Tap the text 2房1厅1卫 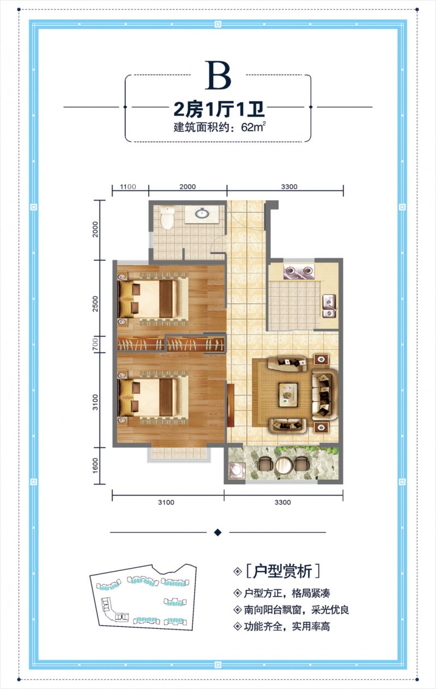219,109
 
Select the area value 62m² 253,127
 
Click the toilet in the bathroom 167,217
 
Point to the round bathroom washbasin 202,212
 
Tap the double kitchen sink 329,306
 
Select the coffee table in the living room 288,395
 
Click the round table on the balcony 283,465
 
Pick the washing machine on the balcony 237,470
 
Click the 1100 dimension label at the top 128,187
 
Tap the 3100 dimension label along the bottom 166,502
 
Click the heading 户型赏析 282,571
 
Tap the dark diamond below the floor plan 218,532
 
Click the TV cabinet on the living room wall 231,405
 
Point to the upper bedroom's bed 154,298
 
